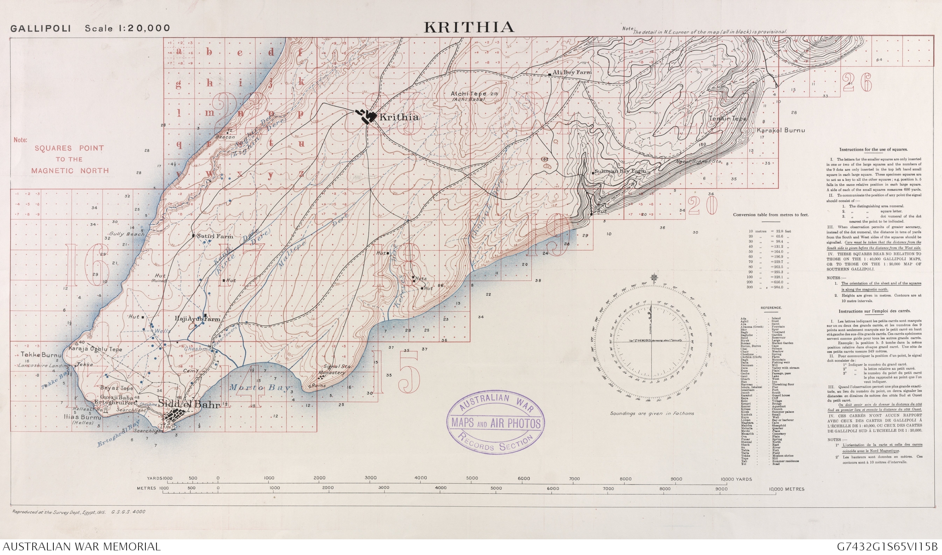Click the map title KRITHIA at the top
click(x=468, y=27)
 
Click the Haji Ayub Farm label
click(x=197, y=319)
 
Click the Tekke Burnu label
click(x=41, y=355)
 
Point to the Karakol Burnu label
click(x=781, y=130)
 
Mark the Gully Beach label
click(x=127, y=234)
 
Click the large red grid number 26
click(x=857, y=83)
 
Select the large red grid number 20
click(x=702, y=206)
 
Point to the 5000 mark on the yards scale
click(x=472, y=478)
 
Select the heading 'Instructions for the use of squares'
click(x=873, y=150)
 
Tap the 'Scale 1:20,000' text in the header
click(x=127, y=28)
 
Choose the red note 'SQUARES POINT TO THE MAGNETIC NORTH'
click(x=69, y=159)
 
